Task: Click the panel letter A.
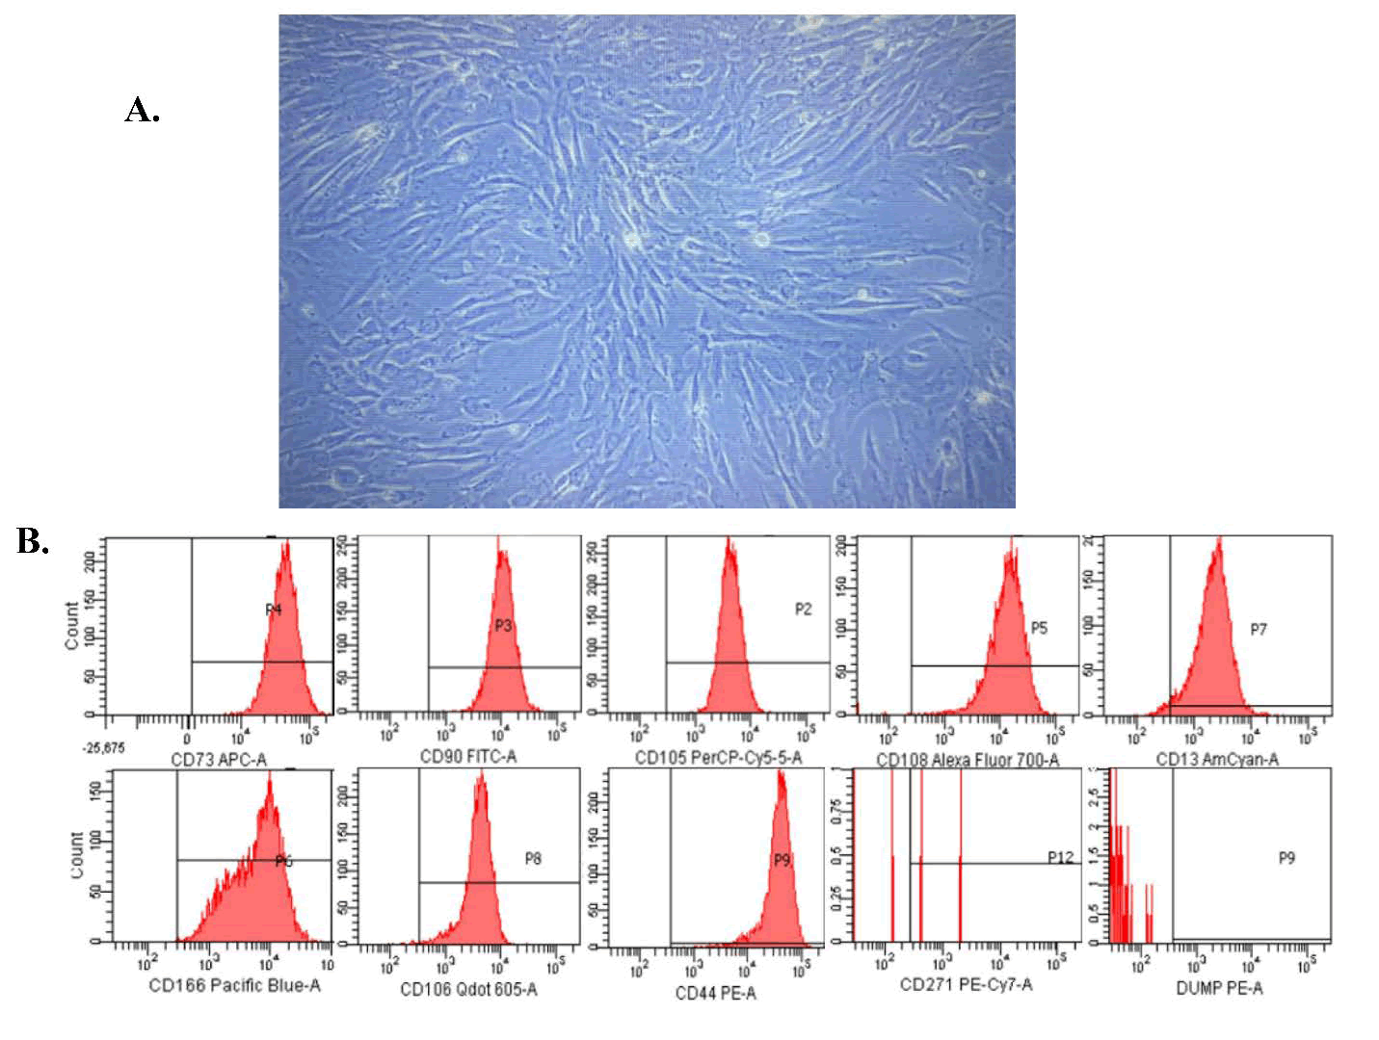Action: [x=142, y=111]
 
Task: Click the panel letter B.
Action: [x=32, y=542]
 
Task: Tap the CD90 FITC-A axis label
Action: [x=468, y=757]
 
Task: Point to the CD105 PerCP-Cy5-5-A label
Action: [x=718, y=759]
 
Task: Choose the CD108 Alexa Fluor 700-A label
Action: [x=968, y=761]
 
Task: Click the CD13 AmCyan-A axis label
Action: [x=1217, y=760]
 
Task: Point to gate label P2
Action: [x=803, y=609]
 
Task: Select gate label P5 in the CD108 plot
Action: [x=1039, y=628]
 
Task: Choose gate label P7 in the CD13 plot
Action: [x=1259, y=630]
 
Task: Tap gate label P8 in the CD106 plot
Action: [x=533, y=858]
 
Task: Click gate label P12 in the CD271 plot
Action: [x=1061, y=857]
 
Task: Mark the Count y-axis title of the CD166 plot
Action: [x=75, y=854]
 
